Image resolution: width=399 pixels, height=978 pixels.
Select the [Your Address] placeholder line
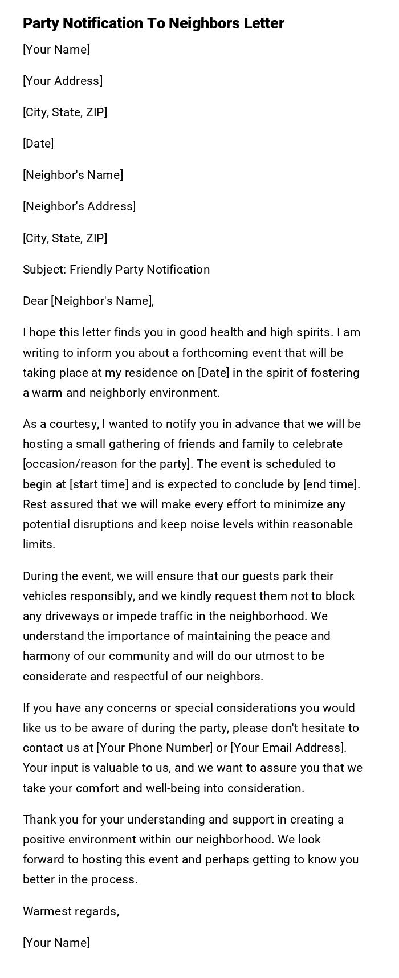(x=63, y=81)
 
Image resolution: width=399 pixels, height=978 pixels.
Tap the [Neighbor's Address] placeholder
(x=79, y=206)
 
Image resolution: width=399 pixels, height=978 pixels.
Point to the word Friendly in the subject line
(x=91, y=270)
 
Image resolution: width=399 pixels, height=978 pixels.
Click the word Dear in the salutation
(x=35, y=301)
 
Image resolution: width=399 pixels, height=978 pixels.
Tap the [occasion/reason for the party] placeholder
(x=105, y=464)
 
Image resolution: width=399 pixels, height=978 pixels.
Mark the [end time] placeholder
(x=331, y=484)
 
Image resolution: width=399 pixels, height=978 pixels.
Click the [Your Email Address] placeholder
(x=288, y=748)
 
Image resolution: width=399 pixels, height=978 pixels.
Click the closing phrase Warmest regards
(x=71, y=911)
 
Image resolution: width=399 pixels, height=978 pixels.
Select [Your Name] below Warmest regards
(x=56, y=943)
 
